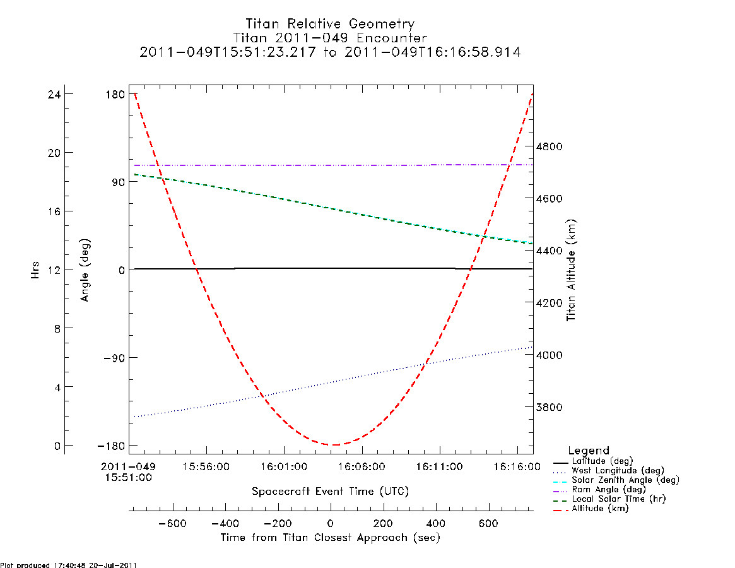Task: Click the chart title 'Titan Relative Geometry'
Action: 330,23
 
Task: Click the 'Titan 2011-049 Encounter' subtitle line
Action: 330,37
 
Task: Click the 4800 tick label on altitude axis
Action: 550,146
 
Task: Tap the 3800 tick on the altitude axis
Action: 550,407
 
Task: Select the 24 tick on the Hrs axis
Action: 54,94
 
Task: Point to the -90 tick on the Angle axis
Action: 114,358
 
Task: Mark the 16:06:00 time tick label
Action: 362,466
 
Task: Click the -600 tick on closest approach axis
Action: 173,523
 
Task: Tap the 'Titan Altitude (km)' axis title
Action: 571,271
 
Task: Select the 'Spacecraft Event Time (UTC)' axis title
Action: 331,492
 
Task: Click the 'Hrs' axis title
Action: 35,270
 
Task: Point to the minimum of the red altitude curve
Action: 333,445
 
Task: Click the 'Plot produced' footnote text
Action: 68,565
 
